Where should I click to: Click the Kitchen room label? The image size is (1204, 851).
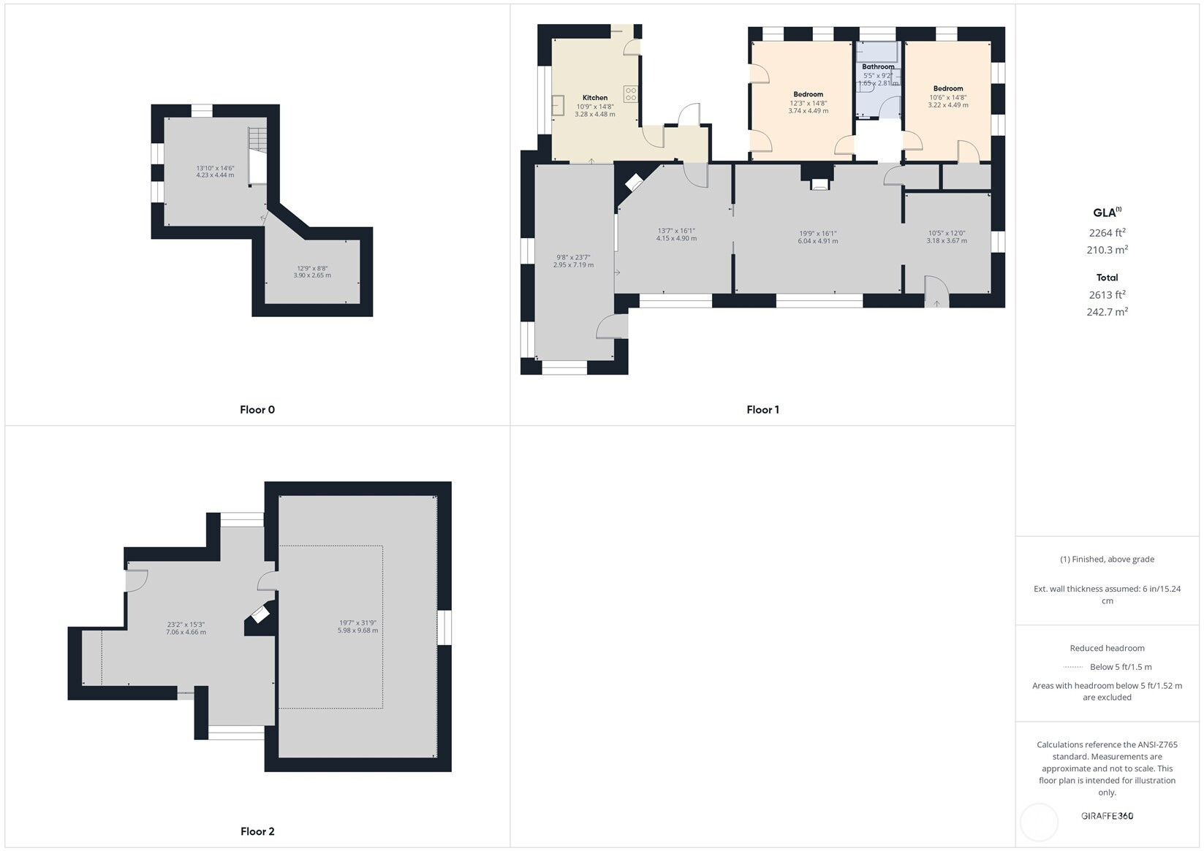coord(595,98)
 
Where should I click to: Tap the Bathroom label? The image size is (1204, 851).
coord(878,66)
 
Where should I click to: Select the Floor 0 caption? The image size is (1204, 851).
coord(257,409)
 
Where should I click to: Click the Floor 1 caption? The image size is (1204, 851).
coord(762,409)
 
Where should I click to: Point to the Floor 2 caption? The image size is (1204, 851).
coord(257,831)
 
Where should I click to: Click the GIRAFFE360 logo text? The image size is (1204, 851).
coord(1108,815)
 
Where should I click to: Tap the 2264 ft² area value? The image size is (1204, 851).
coord(1108,232)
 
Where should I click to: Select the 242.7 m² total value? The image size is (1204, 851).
coord(1108,312)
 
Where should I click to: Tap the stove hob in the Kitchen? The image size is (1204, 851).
coord(630,94)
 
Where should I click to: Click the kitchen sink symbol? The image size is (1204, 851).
coord(559,106)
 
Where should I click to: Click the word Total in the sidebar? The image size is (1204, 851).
coord(1108,278)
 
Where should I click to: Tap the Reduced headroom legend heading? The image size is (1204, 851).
coord(1108,648)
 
